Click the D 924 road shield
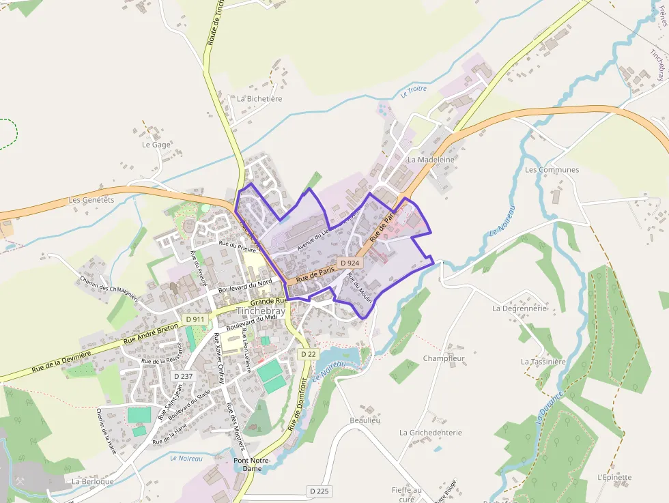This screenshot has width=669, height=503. point(349,263)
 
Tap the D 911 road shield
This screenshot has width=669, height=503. point(195,319)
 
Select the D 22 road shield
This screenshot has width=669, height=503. point(308,354)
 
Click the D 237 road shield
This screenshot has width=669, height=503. point(183,376)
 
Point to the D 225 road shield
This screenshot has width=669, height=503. point(319,491)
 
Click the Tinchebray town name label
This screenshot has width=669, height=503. point(261,311)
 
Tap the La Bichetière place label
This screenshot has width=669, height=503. point(259,98)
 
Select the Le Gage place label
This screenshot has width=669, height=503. point(156,145)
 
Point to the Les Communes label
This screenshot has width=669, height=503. point(552,170)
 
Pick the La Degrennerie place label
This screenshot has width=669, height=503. point(519,308)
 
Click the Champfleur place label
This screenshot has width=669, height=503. point(444,358)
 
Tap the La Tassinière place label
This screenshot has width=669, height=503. point(543,362)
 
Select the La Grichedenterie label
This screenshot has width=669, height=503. point(431,433)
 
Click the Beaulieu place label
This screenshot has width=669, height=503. point(365,420)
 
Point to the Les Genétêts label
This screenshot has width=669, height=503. point(91,200)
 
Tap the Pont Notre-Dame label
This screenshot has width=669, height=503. point(253,465)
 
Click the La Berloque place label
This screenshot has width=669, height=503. point(93,481)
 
